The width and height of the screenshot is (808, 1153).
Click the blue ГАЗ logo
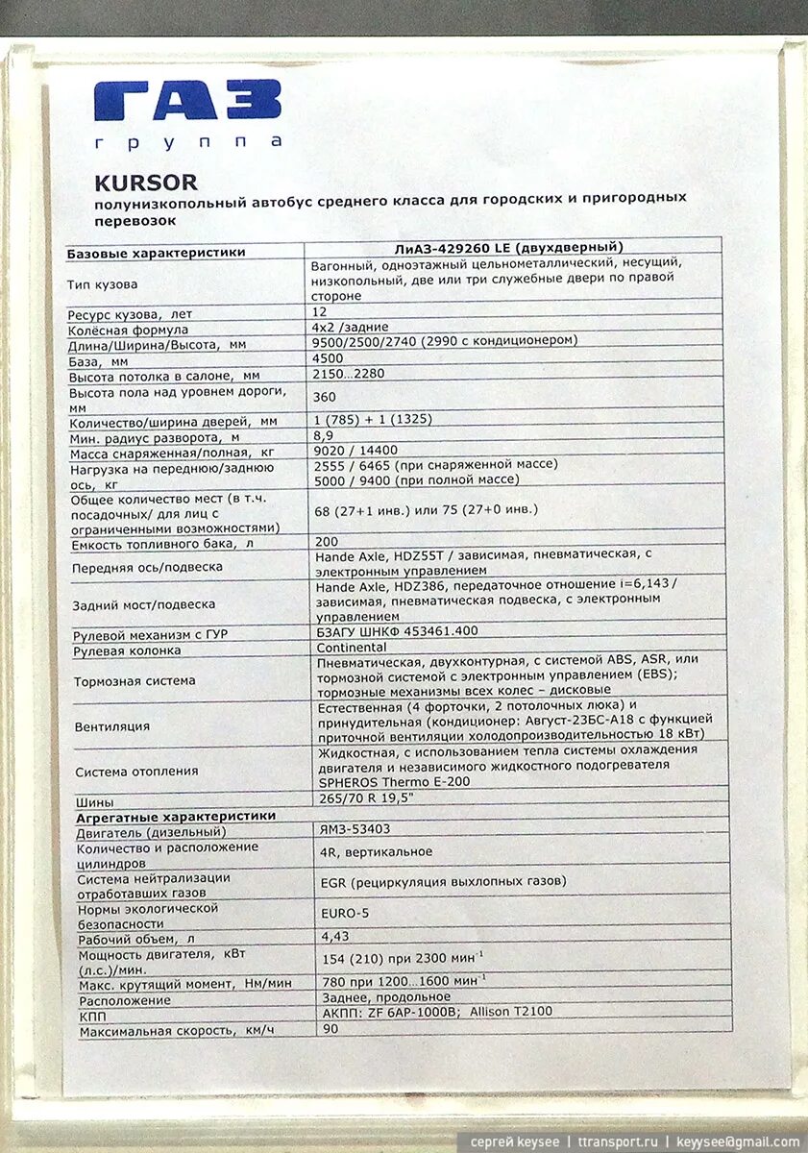click(187, 101)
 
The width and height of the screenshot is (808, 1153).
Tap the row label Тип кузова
click(103, 284)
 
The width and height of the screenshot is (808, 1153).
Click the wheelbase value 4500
click(328, 358)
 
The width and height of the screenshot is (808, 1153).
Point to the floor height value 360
click(324, 396)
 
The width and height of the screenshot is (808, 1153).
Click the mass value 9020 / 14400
click(355, 450)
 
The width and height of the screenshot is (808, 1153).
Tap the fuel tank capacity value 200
click(326, 542)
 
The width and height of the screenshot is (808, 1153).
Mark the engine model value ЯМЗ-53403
click(355, 828)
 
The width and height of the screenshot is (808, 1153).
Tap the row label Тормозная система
click(135, 680)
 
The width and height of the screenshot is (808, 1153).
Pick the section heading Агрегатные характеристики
click(176, 816)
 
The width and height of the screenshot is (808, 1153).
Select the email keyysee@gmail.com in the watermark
click(738, 1141)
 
